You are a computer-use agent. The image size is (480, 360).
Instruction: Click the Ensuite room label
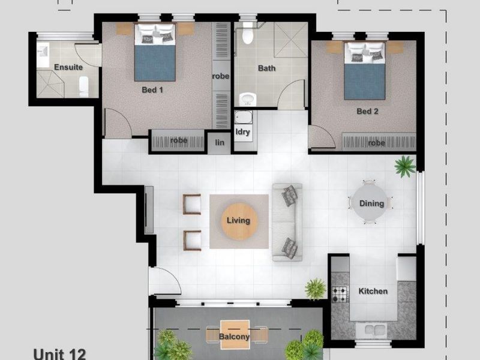click(x=68, y=67)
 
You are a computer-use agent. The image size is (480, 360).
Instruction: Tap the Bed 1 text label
click(x=152, y=90)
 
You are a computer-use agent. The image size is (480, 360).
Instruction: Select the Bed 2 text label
click(x=367, y=111)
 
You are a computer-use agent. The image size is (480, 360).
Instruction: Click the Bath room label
click(x=266, y=68)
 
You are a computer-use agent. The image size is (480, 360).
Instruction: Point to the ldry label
click(x=243, y=131)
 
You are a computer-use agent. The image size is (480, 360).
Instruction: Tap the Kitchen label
click(x=373, y=291)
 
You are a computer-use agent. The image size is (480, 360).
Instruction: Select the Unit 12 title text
click(x=59, y=353)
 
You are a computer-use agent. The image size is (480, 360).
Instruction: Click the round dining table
click(x=371, y=203)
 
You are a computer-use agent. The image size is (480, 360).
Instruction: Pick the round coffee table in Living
click(x=238, y=220)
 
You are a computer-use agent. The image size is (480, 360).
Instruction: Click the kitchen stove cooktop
click(x=340, y=294)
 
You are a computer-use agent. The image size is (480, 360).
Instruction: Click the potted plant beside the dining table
click(x=406, y=166)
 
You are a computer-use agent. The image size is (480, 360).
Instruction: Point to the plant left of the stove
click(x=315, y=289)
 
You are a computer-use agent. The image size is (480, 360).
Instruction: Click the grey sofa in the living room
click(x=287, y=221)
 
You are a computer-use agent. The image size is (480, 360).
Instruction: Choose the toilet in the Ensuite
click(x=83, y=86)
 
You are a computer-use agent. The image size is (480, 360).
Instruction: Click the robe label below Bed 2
click(x=376, y=143)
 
